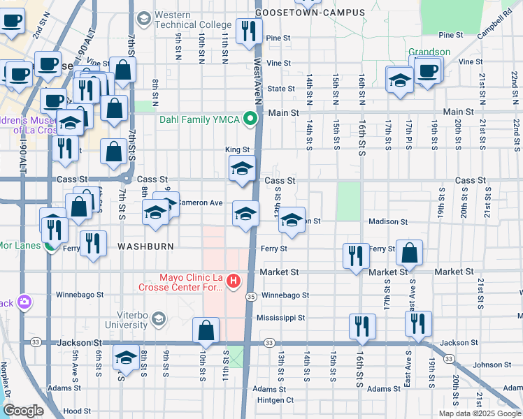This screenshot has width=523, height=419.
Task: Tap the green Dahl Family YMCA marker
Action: pos(248,119)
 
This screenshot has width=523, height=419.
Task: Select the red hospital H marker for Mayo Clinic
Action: pos(234,283)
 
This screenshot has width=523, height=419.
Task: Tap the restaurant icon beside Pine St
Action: pos(248,31)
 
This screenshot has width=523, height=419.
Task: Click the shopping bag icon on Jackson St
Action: pos(206,330)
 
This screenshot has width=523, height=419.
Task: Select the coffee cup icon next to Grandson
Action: pos(428,70)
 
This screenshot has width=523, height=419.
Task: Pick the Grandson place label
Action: pos(430,51)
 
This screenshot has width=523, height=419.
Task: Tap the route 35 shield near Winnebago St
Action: pos(250,296)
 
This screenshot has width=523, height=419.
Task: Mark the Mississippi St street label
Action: pos(281,318)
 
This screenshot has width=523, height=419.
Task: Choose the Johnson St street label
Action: pos(487,365)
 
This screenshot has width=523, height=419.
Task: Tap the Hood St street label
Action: pos(73,412)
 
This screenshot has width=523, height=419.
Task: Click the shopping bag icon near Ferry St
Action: pos(410,253)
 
